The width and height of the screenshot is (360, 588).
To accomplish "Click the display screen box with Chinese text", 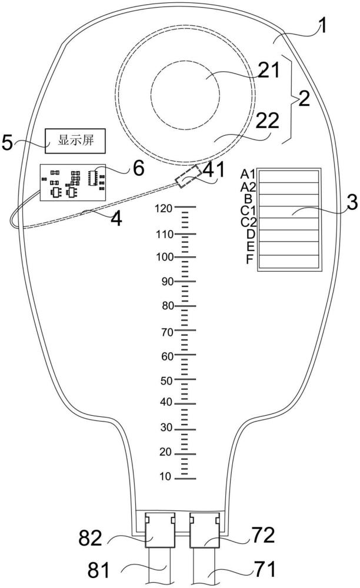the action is coord(75,141).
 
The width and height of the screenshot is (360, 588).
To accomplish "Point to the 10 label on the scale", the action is coord(165,477).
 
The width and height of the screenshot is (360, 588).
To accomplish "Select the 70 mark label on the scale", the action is coord(167,332).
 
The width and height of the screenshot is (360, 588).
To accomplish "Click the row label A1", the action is coord(248,174).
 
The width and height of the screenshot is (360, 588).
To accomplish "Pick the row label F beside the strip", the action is coord(250,259).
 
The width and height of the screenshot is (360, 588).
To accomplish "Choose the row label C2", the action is coord(248,222).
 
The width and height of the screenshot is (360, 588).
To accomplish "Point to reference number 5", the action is coord(8,142).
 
